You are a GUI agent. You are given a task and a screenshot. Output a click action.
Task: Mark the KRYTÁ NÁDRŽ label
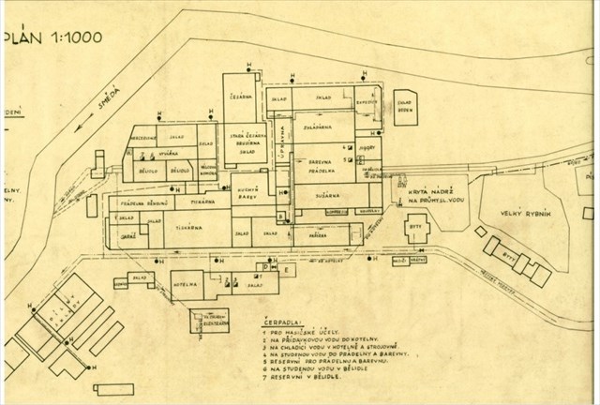click(428, 190)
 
